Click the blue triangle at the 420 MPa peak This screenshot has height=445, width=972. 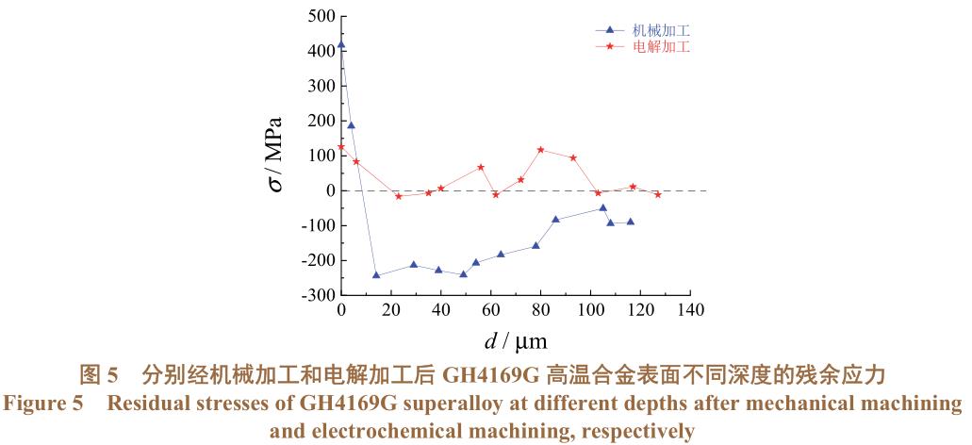(341, 44)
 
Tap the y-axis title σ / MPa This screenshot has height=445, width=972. (274, 156)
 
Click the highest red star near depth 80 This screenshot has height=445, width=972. (541, 150)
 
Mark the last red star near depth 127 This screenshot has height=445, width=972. (658, 194)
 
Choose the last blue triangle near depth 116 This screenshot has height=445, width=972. (631, 222)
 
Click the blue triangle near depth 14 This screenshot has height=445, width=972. (376, 275)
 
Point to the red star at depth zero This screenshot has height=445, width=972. (341, 147)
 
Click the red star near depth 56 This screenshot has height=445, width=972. (481, 167)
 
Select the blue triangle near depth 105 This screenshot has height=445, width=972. (603, 207)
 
